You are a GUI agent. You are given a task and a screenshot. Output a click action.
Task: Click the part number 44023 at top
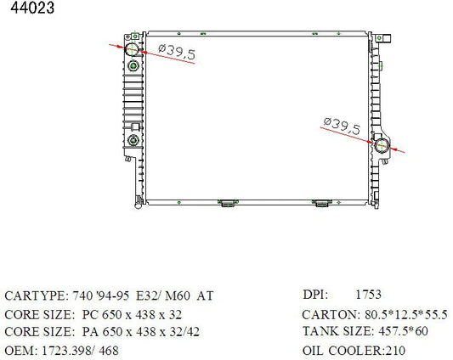click(x=32, y=8)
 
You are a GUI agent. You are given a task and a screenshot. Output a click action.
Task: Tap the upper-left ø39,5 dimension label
click(x=177, y=52)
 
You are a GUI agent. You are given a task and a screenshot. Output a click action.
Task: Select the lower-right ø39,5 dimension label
click(x=342, y=127)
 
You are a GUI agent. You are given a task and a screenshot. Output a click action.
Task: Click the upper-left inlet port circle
click(x=132, y=49)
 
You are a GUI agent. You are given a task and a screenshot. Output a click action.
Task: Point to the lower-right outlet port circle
click(x=382, y=145)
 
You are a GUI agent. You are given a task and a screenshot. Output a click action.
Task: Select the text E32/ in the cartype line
click(x=147, y=296)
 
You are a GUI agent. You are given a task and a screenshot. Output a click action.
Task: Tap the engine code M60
click(x=178, y=296)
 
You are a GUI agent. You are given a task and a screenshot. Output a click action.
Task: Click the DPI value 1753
click(x=368, y=295)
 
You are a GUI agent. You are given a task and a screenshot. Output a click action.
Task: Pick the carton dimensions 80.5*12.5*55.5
click(x=406, y=314)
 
